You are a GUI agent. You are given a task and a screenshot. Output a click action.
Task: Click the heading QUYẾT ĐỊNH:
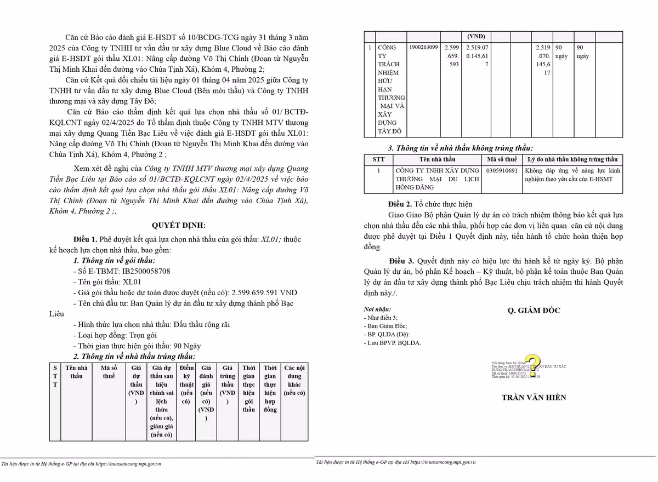[x=179, y=225]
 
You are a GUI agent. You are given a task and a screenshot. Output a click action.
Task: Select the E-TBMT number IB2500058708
[x=146, y=271]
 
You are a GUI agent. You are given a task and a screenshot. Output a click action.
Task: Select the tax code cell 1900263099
[x=423, y=48]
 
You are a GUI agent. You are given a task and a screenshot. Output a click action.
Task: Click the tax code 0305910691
[x=502, y=171]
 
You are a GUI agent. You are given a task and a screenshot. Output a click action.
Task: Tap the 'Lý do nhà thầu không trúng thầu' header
[x=572, y=159]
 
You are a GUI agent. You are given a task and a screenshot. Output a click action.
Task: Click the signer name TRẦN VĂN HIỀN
[x=534, y=397]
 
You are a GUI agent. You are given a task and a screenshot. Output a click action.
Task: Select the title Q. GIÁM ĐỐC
[x=534, y=311]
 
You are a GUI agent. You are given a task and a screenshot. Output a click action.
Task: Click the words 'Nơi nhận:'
[x=377, y=309]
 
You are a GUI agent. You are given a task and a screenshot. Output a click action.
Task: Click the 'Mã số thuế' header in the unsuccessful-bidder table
[x=502, y=159]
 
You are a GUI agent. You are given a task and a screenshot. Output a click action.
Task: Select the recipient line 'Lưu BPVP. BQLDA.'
[x=393, y=343]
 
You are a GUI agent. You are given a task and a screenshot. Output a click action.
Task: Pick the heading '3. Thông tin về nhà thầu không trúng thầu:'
[x=460, y=148]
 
